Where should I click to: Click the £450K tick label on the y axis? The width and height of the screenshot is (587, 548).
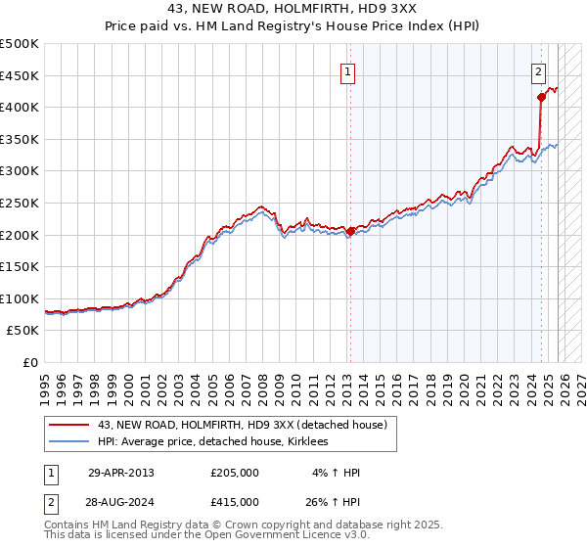tap(20, 75)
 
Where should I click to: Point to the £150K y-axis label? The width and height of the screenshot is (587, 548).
tap(20, 266)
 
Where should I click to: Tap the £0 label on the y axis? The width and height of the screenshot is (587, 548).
tap(28, 362)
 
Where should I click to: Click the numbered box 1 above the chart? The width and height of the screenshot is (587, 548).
tap(348, 70)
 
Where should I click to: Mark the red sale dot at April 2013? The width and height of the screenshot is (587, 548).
tap(350, 231)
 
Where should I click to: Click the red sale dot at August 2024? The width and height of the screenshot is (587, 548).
tap(541, 97)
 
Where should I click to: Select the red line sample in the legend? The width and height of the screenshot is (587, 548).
tap(69, 425)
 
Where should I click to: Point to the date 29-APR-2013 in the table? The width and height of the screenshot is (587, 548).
tap(121, 473)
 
